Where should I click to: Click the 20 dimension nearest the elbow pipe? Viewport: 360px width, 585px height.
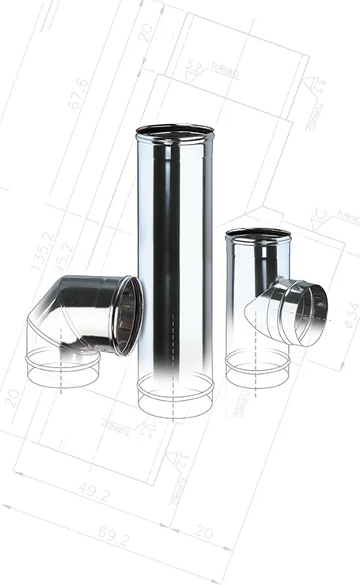pos(12,398)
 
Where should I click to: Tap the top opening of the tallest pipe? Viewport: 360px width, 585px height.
pos(174,130)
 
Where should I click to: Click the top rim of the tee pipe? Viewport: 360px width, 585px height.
pos(258,234)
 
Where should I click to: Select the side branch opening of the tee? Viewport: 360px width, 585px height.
pos(310,312)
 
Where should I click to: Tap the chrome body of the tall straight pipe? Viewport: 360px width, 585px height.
pos(174,253)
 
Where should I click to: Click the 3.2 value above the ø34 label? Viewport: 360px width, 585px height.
pos(320,213)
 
